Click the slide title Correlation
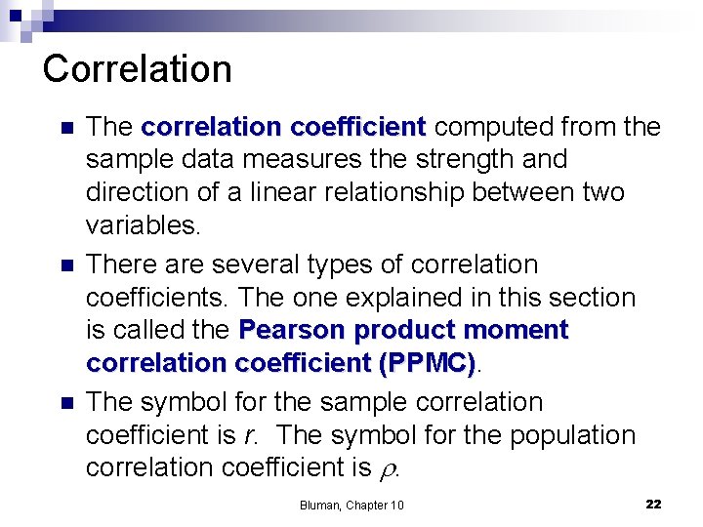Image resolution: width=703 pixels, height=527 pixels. pyautogui.click(x=138, y=69)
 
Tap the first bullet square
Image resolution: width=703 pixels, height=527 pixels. pyautogui.click(x=65, y=128)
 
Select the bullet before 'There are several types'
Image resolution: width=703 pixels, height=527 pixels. pyautogui.click(x=65, y=265)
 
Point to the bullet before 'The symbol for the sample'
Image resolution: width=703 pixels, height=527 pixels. pyautogui.click(x=65, y=402)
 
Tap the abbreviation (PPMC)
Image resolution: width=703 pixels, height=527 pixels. pyautogui.click(x=429, y=363)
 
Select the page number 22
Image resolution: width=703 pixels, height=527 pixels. pyautogui.click(x=653, y=504)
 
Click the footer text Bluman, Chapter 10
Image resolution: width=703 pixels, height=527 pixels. pyautogui.click(x=351, y=505)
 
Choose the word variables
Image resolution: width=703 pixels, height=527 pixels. pyautogui.click(x=143, y=225)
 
